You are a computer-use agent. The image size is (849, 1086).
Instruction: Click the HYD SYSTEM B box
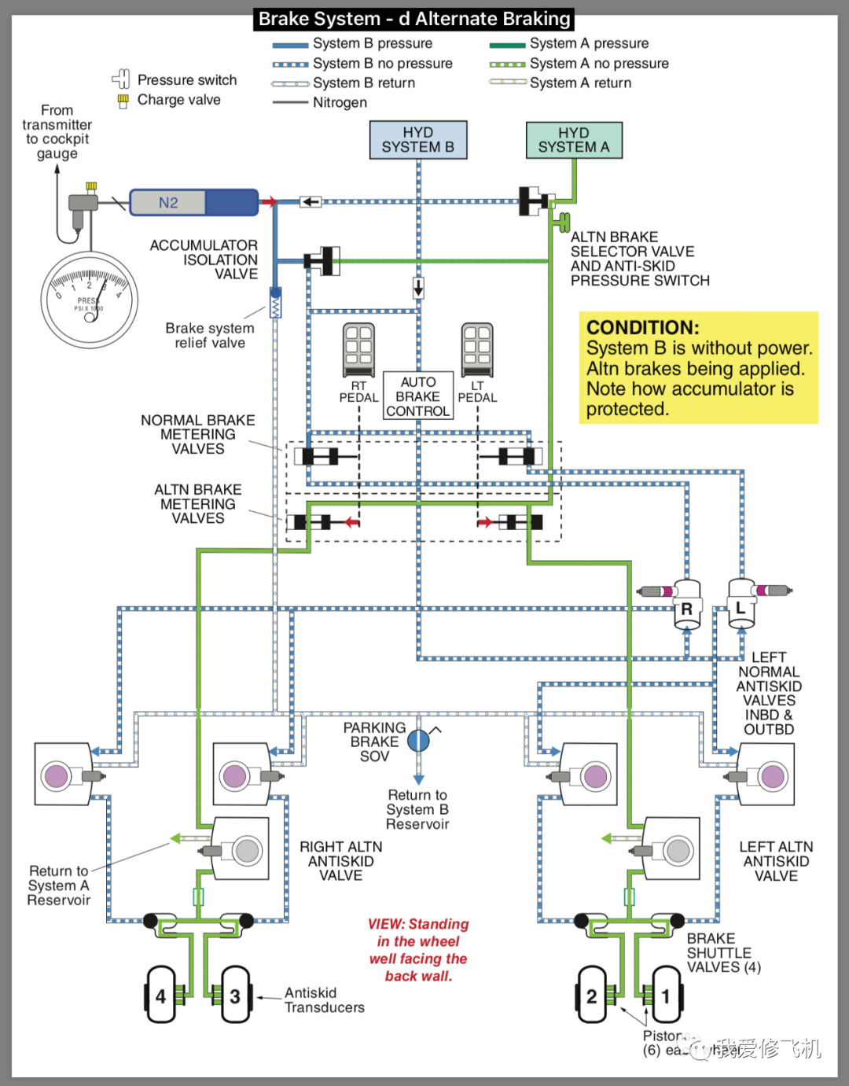coord(418,140)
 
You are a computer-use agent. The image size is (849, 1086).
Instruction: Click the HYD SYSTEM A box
coord(574,140)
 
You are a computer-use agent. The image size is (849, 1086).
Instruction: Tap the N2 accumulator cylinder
coord(193,202)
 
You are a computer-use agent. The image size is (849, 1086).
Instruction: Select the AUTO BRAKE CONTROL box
coord(418,396)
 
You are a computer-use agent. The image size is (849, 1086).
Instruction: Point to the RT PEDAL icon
coord(358,350)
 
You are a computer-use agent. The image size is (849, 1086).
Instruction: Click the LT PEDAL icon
coord(477,350)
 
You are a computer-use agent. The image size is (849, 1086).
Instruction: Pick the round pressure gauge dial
coord(89,300)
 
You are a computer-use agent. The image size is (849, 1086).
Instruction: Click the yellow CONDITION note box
coord(698,368)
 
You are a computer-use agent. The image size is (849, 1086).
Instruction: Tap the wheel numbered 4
coord(160,996)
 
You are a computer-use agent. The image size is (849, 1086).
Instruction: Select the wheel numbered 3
coord(234,996)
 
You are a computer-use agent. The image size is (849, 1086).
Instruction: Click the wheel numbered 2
coord(592,996)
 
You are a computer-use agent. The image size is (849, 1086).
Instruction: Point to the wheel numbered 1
coord(666,996)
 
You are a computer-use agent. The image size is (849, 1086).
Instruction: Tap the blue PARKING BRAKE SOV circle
coord(418,740)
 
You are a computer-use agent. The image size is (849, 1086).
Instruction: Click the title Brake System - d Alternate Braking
coord(414,19)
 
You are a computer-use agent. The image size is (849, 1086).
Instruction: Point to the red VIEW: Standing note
coord(418,950)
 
